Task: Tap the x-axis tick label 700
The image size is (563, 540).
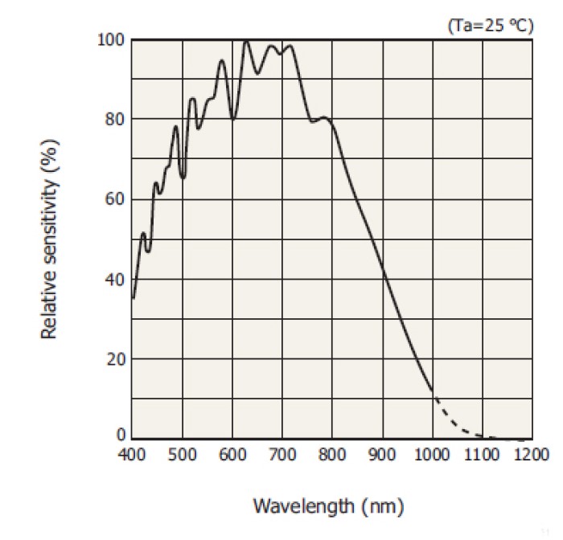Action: pyautogui.click(x=282, y=455)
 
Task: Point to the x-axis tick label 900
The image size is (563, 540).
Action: pyautogui.click(x=382, y=455)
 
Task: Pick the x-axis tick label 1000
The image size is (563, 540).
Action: pyautogui.click(x=432, y=455)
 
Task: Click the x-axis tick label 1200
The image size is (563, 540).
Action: pyautogui.click(x=532, y=455)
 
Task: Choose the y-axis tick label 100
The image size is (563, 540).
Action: pyautogui.click(x=110, y=39)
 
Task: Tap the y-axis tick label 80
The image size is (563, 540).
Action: pyautogui.click(x=114, y=119)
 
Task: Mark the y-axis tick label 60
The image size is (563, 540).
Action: pyautogui.click(x=114, y=198)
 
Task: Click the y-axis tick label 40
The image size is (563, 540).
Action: pyautogui.click(x=114, y=279)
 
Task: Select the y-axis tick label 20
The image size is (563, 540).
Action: pyautogui.click(x=114, y=358)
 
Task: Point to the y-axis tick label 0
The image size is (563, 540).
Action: pyautogui.click(x=121, y=436)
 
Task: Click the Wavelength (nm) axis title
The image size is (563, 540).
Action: pyautogui.click(x=328, y=506)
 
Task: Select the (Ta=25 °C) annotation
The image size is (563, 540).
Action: pyautogui.click(x=490, y=25)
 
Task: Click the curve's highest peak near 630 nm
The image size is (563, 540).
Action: pyautogui.click(x=246, y=41)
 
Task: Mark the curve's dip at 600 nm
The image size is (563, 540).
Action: pyautogui.click(x=232, y=119)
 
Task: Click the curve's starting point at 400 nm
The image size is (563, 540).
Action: pyautogui.click(x=133, y=298)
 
